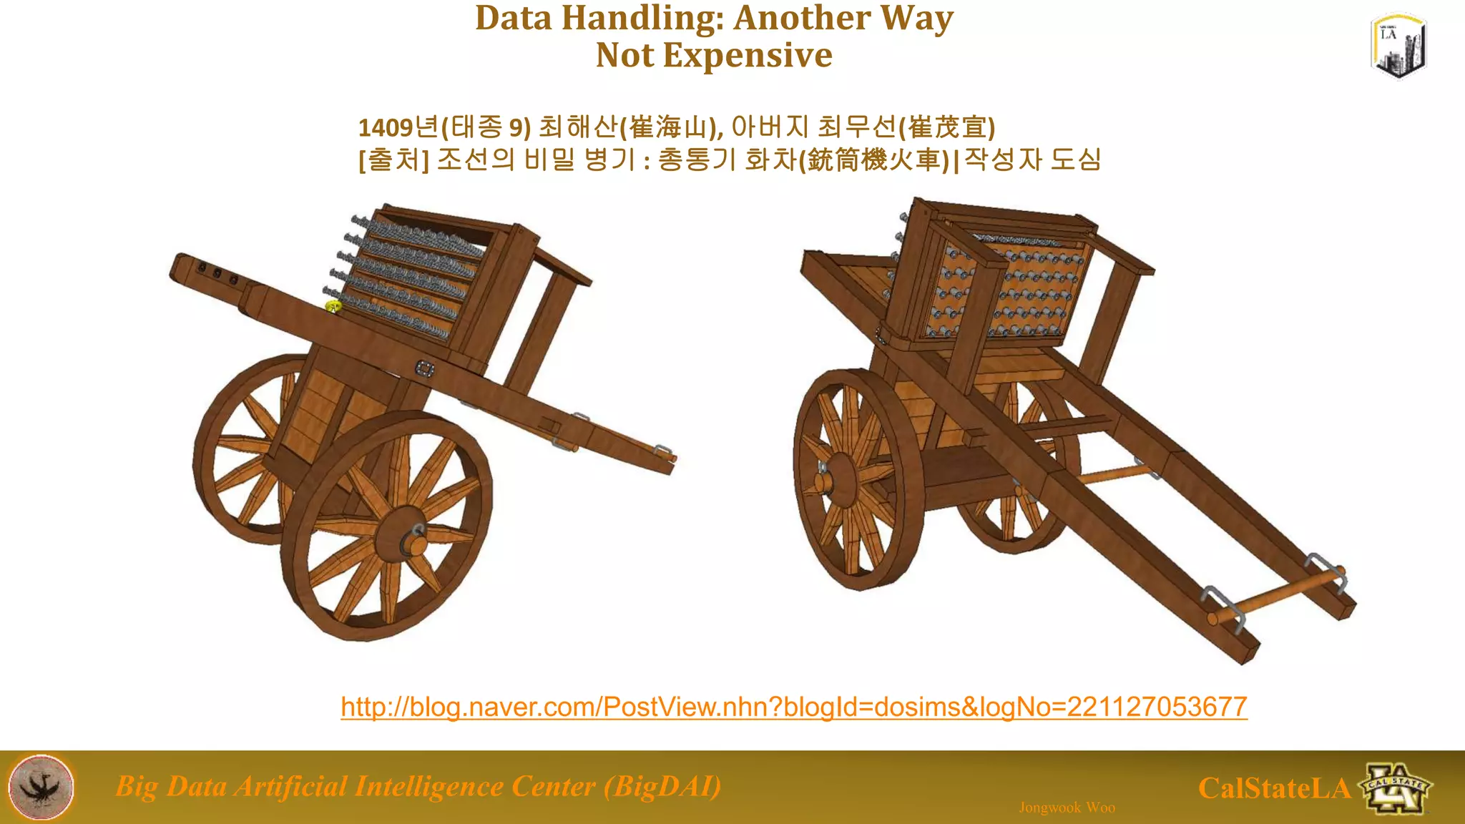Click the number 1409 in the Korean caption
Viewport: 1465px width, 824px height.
coord(386,127)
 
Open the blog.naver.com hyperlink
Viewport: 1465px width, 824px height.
coord(794,707)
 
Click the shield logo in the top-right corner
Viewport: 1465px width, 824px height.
coord(1398,46)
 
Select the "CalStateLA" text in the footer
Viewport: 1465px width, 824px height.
coord(1274,788)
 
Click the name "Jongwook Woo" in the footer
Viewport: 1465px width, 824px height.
coord(1067,808)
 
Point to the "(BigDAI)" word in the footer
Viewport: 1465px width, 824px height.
coord(662,786)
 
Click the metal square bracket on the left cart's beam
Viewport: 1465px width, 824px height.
coord(425,368)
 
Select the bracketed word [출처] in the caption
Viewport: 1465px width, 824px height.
coord(393,160)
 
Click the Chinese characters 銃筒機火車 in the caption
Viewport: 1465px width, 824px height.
coord(873,160)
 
